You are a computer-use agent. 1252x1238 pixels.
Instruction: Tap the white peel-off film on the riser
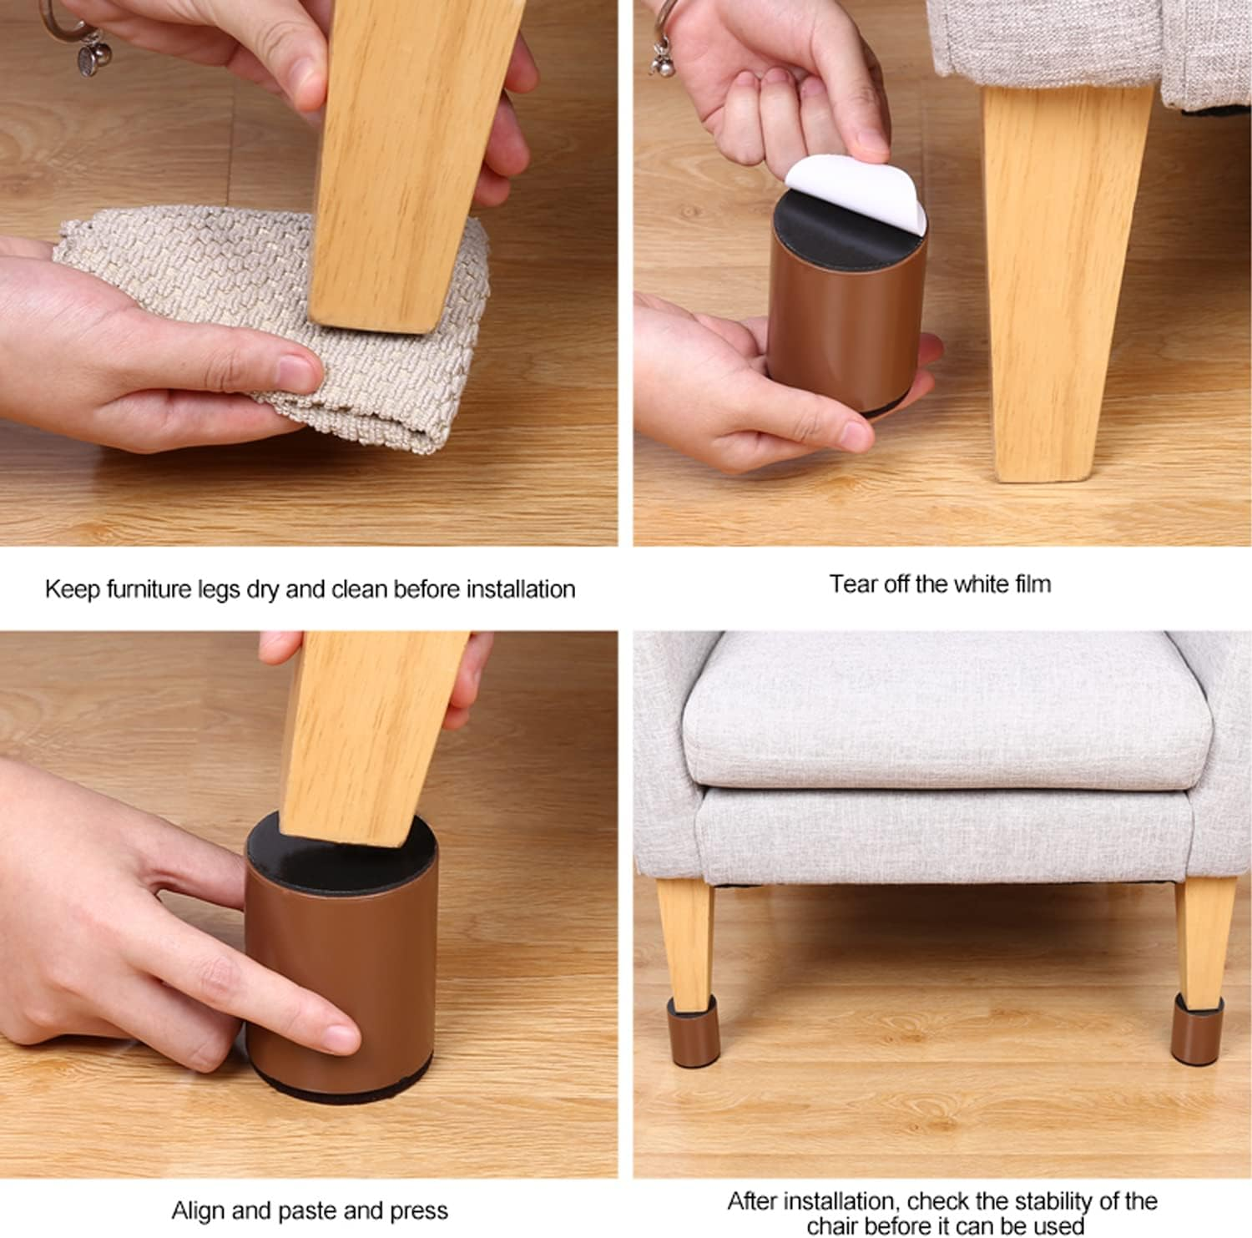coord(860,188)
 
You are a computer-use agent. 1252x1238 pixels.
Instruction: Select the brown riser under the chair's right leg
coord(1197,1028)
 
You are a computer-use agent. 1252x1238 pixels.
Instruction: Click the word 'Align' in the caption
coord(197,1210)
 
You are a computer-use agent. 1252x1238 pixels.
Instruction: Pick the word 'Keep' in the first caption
coord(73,589)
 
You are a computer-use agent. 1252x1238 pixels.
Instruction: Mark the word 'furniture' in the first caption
coord(149,589)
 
